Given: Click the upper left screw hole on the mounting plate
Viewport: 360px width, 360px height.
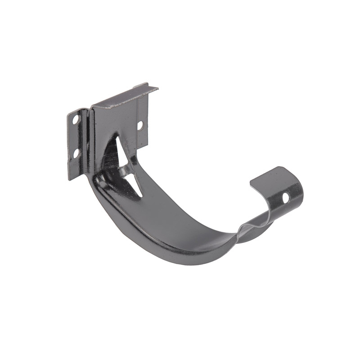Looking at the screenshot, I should point(76,120).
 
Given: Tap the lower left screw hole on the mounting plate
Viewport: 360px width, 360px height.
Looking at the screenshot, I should point(76,153).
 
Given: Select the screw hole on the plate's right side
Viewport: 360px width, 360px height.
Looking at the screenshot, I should point(140,126).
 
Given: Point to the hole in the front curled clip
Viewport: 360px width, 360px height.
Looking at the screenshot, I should point(285,197).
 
